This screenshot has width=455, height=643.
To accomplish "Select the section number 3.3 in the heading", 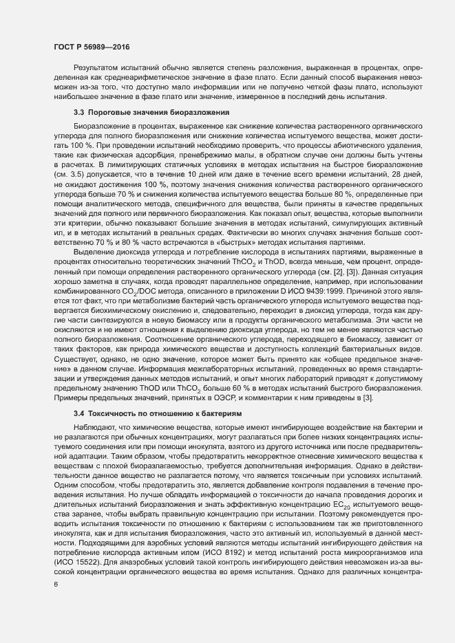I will click(x=78, y=111).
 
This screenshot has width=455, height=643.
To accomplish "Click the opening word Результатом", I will click(x=97, y=69).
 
